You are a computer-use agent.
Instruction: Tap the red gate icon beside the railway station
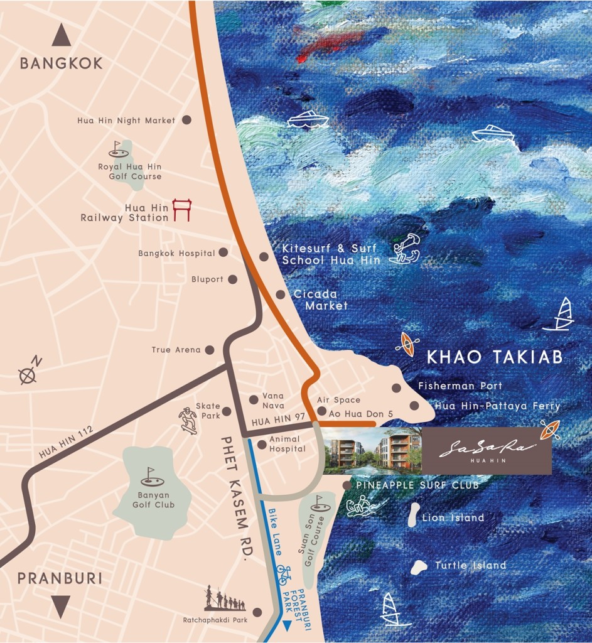point(181,210)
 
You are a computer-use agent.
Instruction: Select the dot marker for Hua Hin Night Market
point(186,120)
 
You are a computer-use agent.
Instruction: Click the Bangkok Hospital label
point(176,253)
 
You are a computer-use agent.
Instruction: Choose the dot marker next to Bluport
point(232,279)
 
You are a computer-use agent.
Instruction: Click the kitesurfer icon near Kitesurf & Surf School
point(404,248)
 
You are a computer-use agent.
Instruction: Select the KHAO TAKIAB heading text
point(494,357)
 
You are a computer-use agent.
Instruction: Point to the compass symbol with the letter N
point(29,372)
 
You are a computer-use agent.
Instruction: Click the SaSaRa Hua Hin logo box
point(487,451)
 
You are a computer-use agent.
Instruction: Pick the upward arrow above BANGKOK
point(61,35)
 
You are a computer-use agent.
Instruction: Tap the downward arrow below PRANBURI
point(60,607)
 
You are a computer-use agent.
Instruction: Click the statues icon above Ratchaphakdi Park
point(224,599)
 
